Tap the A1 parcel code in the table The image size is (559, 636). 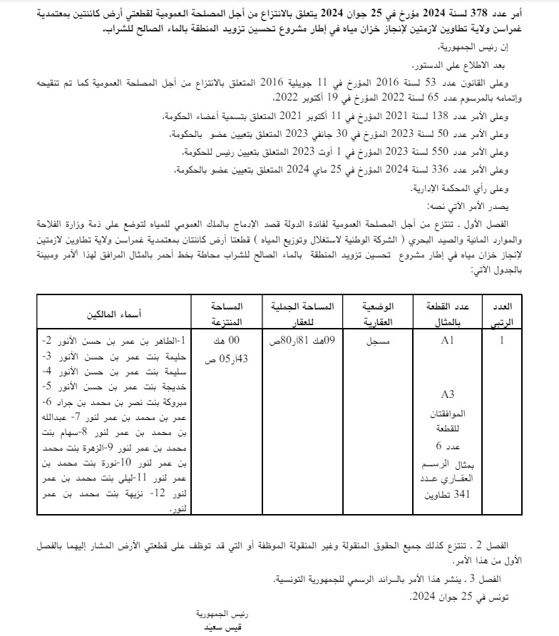point(447,341)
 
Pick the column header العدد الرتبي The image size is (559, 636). point(503,313)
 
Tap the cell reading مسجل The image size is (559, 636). point(378,342)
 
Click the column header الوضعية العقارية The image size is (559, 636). point(378,313)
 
